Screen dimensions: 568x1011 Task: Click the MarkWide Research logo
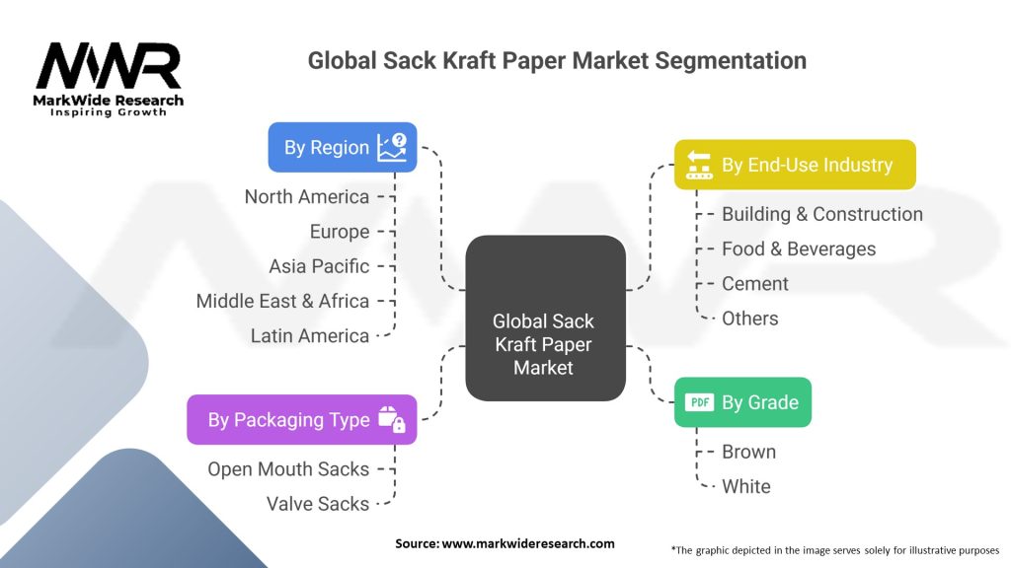click(x=109, y=79)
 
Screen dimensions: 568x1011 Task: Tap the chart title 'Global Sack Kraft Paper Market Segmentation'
click(x=557, y=61)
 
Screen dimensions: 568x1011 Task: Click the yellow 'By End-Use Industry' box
click(x=794, y=165)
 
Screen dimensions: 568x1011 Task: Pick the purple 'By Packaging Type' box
click(x=301, y=420)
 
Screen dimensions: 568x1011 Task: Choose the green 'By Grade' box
click(x=741, y=402)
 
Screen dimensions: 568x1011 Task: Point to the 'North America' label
click(x=307, y=197)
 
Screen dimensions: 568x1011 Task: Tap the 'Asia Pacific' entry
click(x=319, y=266)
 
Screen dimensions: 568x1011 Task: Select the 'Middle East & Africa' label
click(x=282, y=301)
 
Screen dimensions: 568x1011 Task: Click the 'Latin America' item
click(x=309, y=335)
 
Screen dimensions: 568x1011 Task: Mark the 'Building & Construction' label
click(x=821, y=214)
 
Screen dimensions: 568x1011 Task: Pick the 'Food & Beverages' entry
click(x=798, y=248)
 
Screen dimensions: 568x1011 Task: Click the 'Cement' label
click(x=754, y=283)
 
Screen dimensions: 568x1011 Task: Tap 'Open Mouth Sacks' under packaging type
click(x=288, y=469)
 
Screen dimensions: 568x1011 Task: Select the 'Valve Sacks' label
click(x=317, y=504)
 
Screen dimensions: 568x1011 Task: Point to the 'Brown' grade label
click(x=748, y=452)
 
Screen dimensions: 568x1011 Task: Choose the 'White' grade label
click(x=745, y=486)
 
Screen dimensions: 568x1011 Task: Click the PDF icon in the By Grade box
click(x=699, y=402)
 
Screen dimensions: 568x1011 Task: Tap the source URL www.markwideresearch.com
click(x=505, y=543)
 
